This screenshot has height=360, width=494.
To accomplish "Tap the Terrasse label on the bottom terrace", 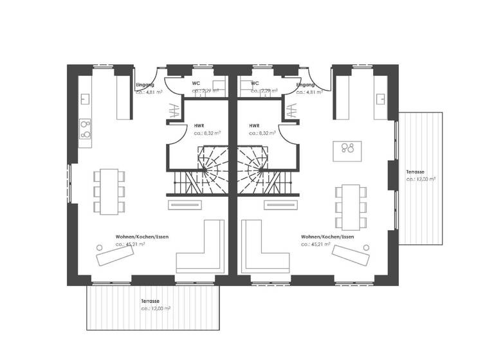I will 151,301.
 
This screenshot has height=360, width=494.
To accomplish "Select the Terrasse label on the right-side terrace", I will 415,172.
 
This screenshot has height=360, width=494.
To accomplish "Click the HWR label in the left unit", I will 199,126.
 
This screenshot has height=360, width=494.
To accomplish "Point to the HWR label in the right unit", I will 255,126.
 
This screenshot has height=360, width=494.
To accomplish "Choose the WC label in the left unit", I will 196,84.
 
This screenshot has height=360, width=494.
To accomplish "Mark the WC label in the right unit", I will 255,84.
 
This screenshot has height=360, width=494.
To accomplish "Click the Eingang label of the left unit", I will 145,84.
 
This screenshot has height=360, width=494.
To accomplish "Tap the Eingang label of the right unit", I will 306,84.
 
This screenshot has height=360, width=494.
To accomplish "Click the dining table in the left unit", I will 108,190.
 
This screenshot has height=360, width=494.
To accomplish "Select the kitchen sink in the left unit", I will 85,99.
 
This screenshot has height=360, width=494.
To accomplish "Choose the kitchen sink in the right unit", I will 381,99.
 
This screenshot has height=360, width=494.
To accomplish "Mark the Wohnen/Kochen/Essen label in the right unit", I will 327,237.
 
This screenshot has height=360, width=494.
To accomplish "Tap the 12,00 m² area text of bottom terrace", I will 156,309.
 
